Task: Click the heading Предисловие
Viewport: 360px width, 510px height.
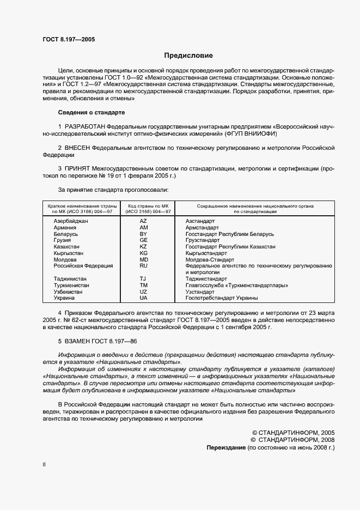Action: tap(189, 56)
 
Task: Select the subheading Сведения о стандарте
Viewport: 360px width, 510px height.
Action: tap(91, 112)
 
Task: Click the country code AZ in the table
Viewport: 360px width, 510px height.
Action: tap(143, 221)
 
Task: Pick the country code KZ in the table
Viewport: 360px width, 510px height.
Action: tap(143, 247)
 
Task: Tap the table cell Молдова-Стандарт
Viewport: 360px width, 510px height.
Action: tap(210, 259)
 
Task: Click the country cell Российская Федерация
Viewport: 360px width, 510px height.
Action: tap(83, 266)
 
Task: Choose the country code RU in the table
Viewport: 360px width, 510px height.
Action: tap(143, 266)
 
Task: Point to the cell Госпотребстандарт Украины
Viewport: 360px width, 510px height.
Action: tap(222, 298)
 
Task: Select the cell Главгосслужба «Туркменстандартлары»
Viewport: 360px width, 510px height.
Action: tap(236, 285)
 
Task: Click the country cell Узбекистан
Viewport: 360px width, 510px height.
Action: tap(68, 292)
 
